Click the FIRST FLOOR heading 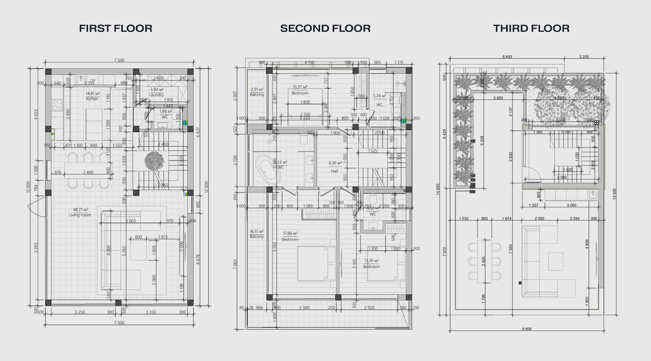[116, 28]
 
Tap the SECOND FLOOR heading [325, 28]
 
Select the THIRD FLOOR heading [531, 28]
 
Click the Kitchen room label [92, 99]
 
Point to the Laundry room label [156, 95]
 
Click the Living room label [80, 215]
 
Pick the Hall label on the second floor [334, 171]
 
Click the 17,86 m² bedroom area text [290, 234]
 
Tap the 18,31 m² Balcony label [257, 236]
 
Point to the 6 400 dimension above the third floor [507, 57]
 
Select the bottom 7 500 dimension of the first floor [119, 323]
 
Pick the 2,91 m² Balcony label [257, 92]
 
